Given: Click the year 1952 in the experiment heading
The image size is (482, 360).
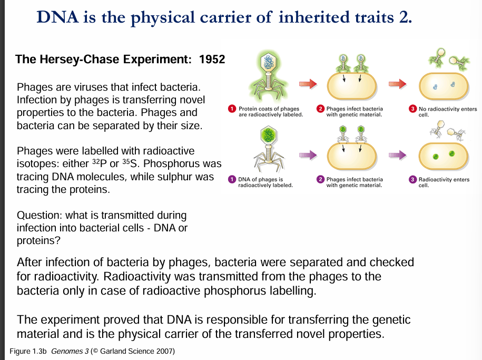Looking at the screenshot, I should point(212,59).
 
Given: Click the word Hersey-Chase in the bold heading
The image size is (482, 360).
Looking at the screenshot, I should point(79,59).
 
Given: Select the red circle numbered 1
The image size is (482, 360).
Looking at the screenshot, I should point(231,109).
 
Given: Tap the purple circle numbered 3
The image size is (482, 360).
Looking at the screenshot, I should point(414,180).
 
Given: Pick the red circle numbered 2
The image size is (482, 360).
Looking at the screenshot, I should point(320,109).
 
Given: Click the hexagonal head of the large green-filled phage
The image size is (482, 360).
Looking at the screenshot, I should point(269,132).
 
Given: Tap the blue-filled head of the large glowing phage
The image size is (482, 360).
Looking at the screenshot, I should point(270,62).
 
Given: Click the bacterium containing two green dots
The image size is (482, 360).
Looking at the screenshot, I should point(444,155).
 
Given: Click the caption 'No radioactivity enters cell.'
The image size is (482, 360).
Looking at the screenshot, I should point(447,112).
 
